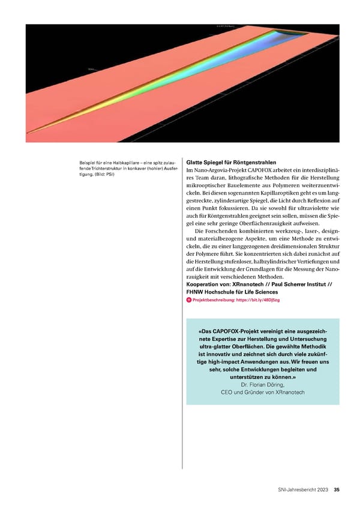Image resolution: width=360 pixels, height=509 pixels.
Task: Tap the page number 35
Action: point(337,489)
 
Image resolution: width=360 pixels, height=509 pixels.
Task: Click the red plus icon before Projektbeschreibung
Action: point(189,300)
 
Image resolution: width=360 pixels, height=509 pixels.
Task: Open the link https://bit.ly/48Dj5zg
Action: point(258,300)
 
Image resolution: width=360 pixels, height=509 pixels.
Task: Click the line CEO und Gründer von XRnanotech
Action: point(262,393)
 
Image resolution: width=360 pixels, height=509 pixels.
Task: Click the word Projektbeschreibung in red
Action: point(214,300)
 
